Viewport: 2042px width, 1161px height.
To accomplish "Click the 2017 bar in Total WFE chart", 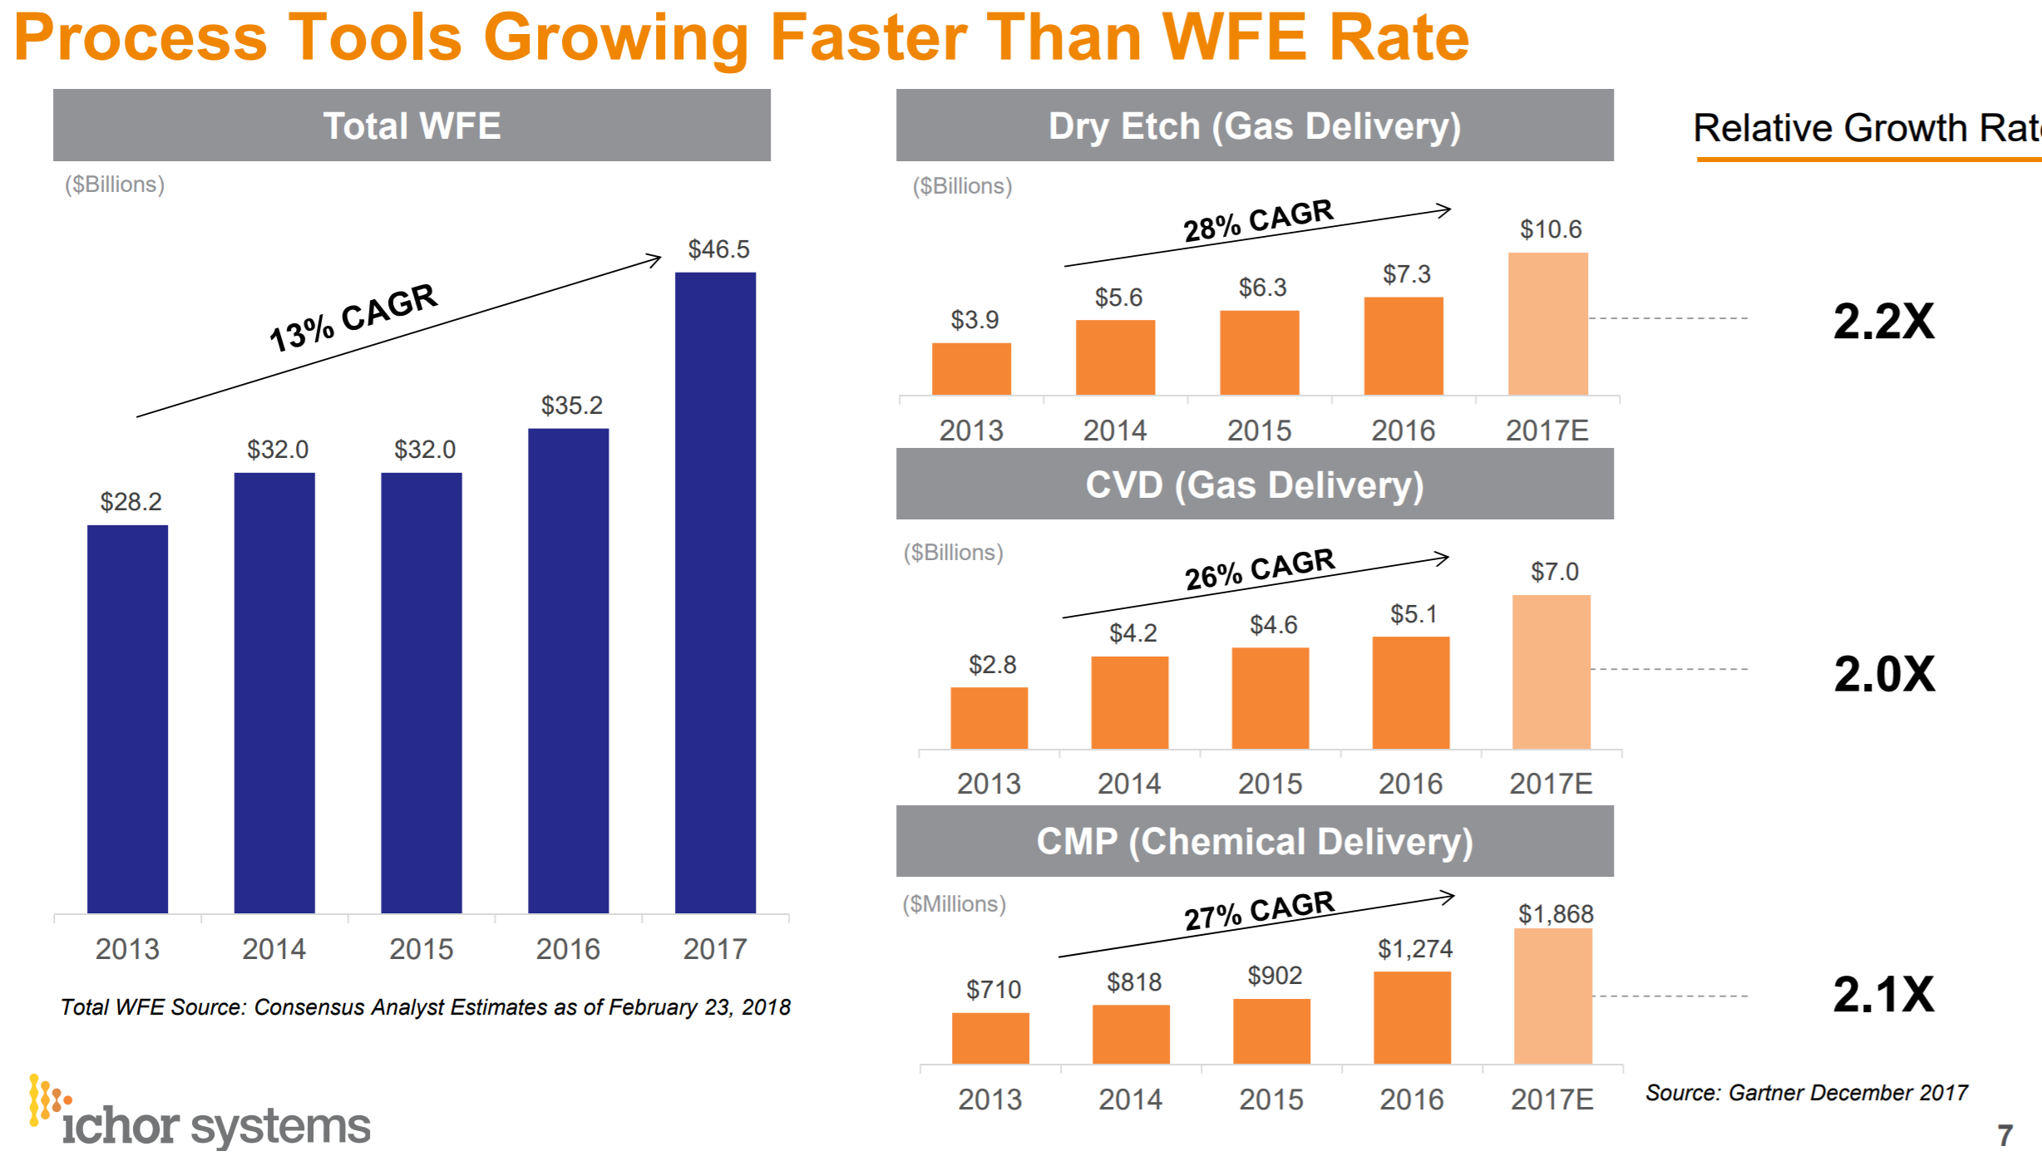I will (x=715, y=592).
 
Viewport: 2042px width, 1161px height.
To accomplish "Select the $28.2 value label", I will (x=131, y=502).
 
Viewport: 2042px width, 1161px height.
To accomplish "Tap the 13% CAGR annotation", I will (x=353, y=317).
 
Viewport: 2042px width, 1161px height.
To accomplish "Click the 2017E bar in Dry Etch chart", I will (x=1547, y=324).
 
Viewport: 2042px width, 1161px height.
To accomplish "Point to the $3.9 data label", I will (x=974, y=320).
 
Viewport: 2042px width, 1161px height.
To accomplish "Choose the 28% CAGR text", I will (x=1258, y=220).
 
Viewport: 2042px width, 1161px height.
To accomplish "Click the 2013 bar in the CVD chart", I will (x=989, y=718).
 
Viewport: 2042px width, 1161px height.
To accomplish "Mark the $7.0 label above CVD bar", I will (x=1554, y=572).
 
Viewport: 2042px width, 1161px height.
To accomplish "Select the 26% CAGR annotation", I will (x=1260, y=569).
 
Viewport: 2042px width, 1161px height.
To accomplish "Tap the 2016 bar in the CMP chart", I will (x=1412, y=1017).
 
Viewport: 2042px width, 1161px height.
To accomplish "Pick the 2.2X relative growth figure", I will (x=1884, y=322).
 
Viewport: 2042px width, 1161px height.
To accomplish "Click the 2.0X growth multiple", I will (x=1884, y=674).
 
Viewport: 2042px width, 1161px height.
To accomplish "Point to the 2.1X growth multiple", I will (x=1884, y=994).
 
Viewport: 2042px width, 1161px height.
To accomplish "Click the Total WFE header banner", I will (x=412, y=125).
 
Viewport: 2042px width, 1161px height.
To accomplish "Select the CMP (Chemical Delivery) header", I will (x=1255, y=841).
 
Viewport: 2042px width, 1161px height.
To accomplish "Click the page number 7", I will (x=2005, y=1135).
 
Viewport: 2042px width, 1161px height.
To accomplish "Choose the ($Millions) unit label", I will (x=954, y=903).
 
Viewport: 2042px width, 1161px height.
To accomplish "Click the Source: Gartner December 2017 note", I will (x=1806, y=1092).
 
